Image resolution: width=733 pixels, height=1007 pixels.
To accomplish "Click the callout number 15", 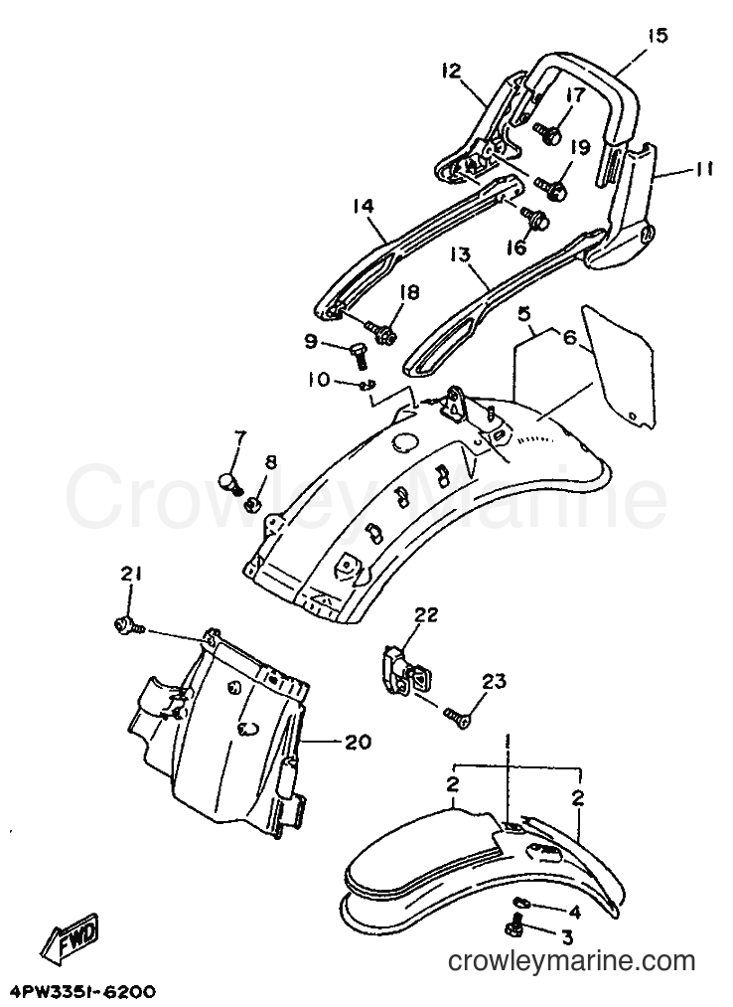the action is click(657, 36).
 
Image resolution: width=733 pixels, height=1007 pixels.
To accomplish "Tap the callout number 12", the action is click(451, 70).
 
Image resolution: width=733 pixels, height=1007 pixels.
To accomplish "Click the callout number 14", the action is click(363, 206).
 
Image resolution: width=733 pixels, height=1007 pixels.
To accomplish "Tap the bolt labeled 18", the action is click(381, 331).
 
